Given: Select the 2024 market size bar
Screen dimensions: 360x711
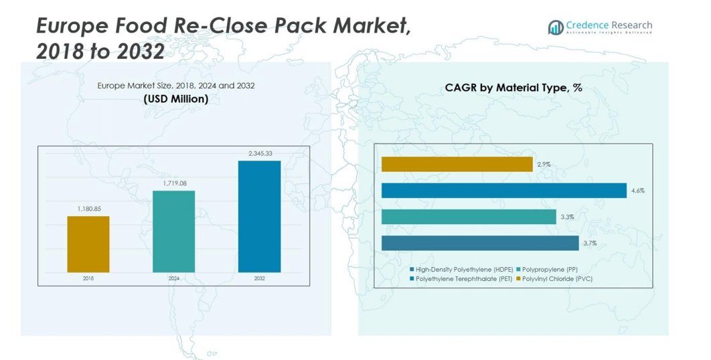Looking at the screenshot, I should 173,231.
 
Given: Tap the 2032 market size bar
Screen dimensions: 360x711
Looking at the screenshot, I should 259,216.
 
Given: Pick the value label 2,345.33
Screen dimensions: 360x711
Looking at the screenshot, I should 260,154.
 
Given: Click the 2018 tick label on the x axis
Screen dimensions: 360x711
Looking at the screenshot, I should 88,278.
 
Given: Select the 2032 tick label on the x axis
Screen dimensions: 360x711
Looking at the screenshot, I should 259,278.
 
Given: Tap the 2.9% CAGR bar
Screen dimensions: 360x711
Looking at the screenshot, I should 457,164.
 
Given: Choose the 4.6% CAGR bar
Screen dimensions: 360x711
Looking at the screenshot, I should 503,191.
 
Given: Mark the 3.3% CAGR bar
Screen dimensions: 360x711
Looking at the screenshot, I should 469,217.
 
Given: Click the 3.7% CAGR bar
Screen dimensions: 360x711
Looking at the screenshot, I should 480,243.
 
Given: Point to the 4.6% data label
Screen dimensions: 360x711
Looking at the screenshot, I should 637,191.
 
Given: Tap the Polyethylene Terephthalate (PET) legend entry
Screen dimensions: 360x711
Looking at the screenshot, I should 461,278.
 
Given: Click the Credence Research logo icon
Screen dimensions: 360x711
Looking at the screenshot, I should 555,27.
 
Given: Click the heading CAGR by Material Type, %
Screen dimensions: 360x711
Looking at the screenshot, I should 513,88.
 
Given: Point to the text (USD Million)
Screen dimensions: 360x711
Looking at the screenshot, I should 176,99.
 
